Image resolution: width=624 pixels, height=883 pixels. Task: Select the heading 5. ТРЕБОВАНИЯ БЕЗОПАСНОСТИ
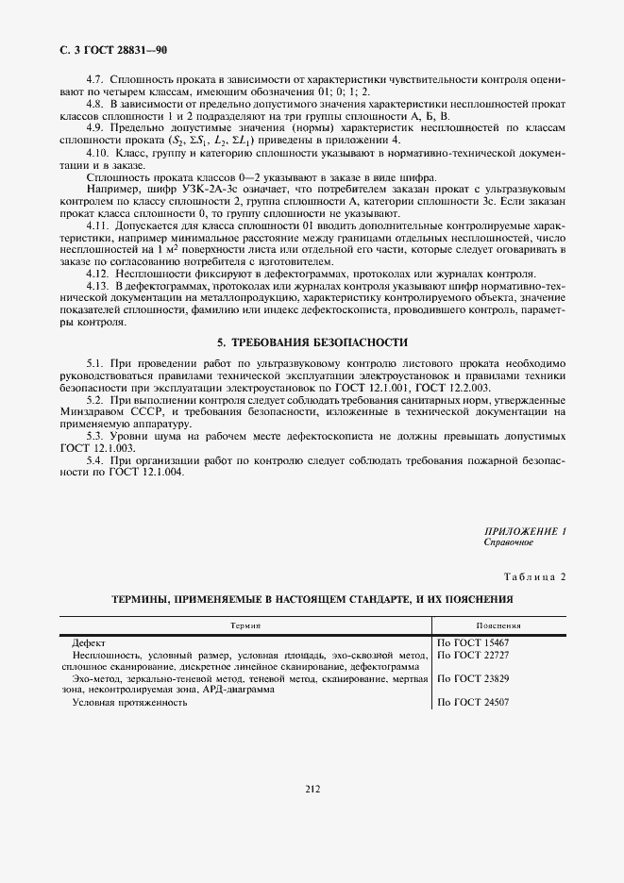click(x=312, y=342)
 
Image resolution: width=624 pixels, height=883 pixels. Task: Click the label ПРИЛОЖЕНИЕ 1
click(x=524, y=532)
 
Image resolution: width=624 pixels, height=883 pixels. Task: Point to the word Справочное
click(x=509, y=542)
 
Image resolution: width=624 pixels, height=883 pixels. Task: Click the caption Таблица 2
click(x=534, y=577)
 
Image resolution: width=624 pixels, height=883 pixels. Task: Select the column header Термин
click(x=245, y=625)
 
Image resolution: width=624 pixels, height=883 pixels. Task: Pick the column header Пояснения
click(x=498, y=625)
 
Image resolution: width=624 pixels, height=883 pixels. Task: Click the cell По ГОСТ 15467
click(x=473, y=642)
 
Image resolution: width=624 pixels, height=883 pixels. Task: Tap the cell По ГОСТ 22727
click(x=473, y=654)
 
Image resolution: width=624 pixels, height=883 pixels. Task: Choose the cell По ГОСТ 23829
click(x=473, y=677)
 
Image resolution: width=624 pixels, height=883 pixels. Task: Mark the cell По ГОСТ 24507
click(x=473, y=702)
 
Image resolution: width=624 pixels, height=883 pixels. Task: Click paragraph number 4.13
click(x=97, y=285)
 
